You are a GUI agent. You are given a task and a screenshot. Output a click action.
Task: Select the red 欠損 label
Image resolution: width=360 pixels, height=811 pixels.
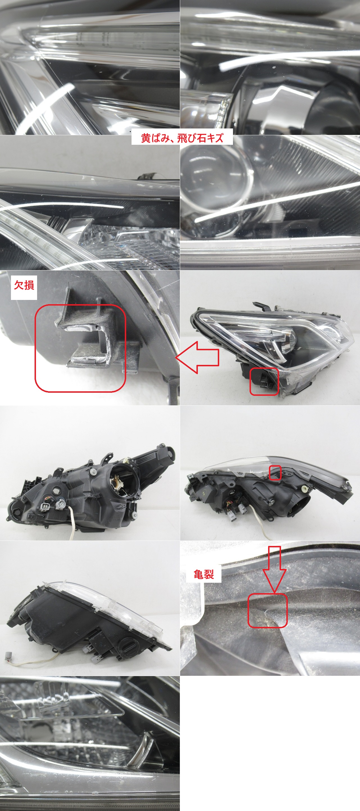24,285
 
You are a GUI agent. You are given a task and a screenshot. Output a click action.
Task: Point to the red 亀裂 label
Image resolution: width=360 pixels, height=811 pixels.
203,575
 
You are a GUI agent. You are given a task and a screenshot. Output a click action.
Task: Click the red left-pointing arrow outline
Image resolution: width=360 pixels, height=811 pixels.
197,358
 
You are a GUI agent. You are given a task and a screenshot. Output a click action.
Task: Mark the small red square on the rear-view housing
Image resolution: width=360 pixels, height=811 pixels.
275,473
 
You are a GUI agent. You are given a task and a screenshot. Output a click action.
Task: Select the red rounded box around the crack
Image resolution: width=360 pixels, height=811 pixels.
268,611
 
